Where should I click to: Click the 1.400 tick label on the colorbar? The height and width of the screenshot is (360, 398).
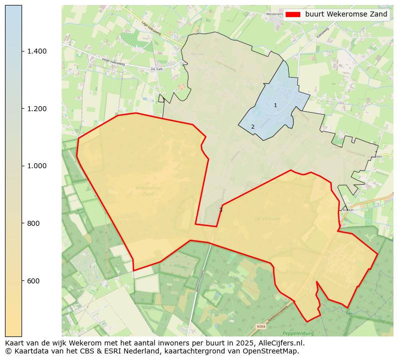37,51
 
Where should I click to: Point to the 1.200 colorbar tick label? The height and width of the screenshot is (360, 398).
37,109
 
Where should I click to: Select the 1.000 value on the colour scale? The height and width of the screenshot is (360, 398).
37,166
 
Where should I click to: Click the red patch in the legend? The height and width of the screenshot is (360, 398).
293,14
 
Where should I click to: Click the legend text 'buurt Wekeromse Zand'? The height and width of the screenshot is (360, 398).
346,14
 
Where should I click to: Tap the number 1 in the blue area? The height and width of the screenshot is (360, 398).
275,105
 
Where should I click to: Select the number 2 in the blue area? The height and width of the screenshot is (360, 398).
253,127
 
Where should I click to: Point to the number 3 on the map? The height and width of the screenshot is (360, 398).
221,210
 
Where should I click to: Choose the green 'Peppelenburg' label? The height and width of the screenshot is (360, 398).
298,333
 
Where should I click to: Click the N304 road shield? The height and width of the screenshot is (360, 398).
261,326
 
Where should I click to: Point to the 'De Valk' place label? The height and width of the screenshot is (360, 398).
156,69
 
